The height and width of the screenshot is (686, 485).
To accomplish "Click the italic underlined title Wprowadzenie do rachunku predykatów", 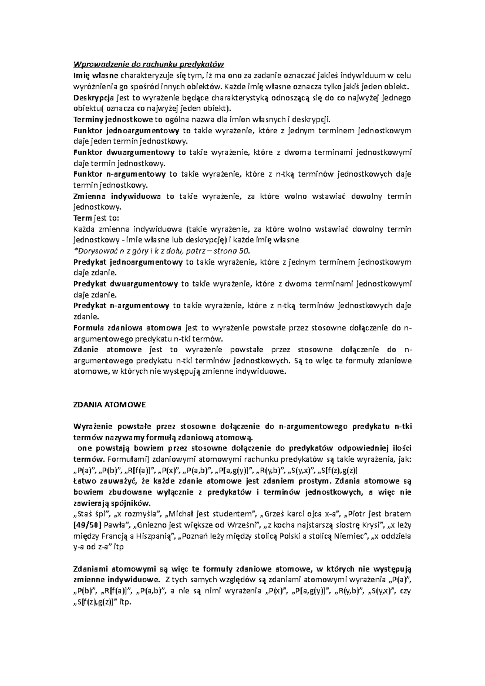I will coord(148,64).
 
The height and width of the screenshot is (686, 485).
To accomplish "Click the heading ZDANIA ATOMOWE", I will coord(109,404).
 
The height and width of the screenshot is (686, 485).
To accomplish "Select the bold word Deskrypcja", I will coord(93,97).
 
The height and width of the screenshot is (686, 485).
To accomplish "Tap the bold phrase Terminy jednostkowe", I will coord(113,119).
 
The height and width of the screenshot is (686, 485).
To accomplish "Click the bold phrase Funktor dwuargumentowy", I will coord(124,152).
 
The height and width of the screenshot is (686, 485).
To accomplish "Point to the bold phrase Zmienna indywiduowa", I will coord(116,196).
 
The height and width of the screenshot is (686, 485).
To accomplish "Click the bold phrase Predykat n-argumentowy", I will coord(121,305).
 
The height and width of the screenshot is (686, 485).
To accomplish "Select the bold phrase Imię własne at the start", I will coord(95,75).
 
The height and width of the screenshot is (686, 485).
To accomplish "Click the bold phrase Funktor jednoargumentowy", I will coord(126,130).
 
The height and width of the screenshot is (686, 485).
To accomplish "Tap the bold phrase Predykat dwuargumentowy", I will coord(125,284).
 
